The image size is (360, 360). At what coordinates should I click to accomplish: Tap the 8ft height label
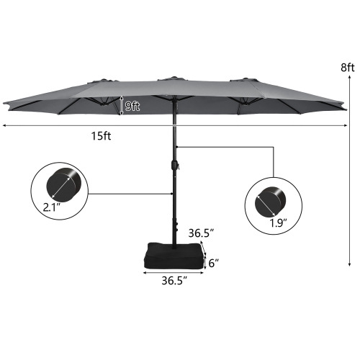(x=348, y=67)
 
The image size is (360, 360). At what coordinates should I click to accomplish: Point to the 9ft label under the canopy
(x=131, y=106)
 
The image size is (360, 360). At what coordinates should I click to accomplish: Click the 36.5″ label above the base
(x=202, y=233)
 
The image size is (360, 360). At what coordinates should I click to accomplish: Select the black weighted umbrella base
(x=173, y=252)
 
